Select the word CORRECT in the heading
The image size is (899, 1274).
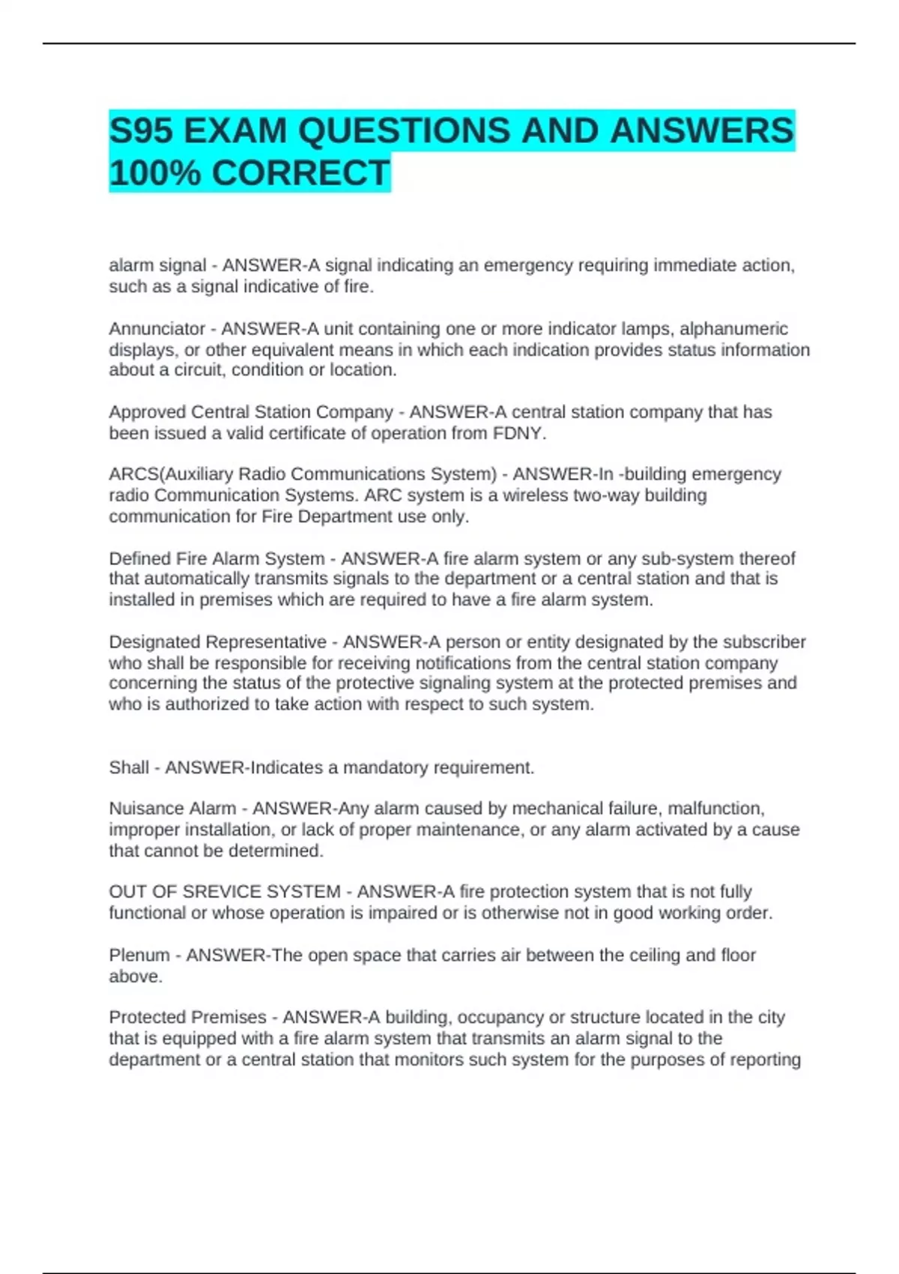point(300,173)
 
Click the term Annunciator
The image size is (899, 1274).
point(157,329)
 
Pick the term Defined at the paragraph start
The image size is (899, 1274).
point(139,559)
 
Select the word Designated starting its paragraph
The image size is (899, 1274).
point(154,642)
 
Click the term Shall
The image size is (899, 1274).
point(129,767)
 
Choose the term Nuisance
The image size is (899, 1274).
point(139,809)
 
